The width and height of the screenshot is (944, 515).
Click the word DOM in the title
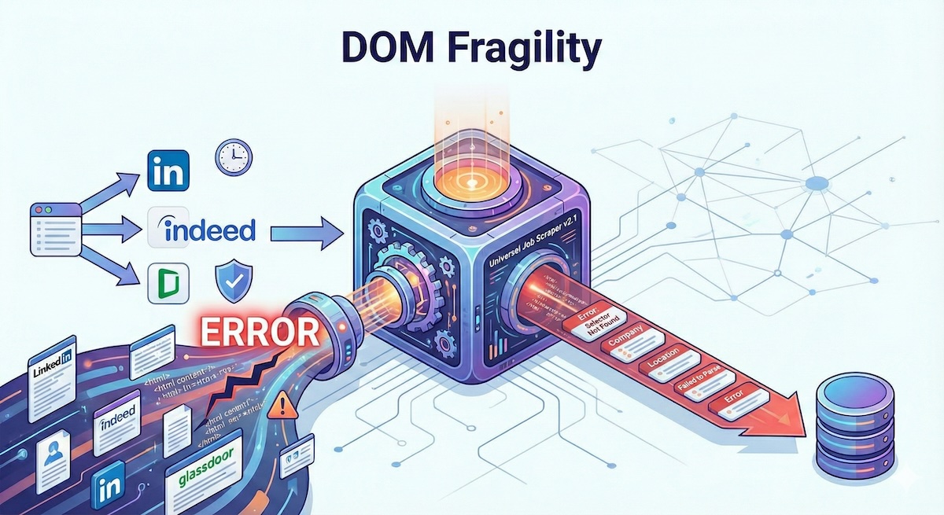[376, 50]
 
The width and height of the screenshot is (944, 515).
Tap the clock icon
[233, 157]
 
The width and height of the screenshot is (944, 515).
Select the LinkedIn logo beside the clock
[168, 171]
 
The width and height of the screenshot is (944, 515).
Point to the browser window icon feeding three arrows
[55, 228]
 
